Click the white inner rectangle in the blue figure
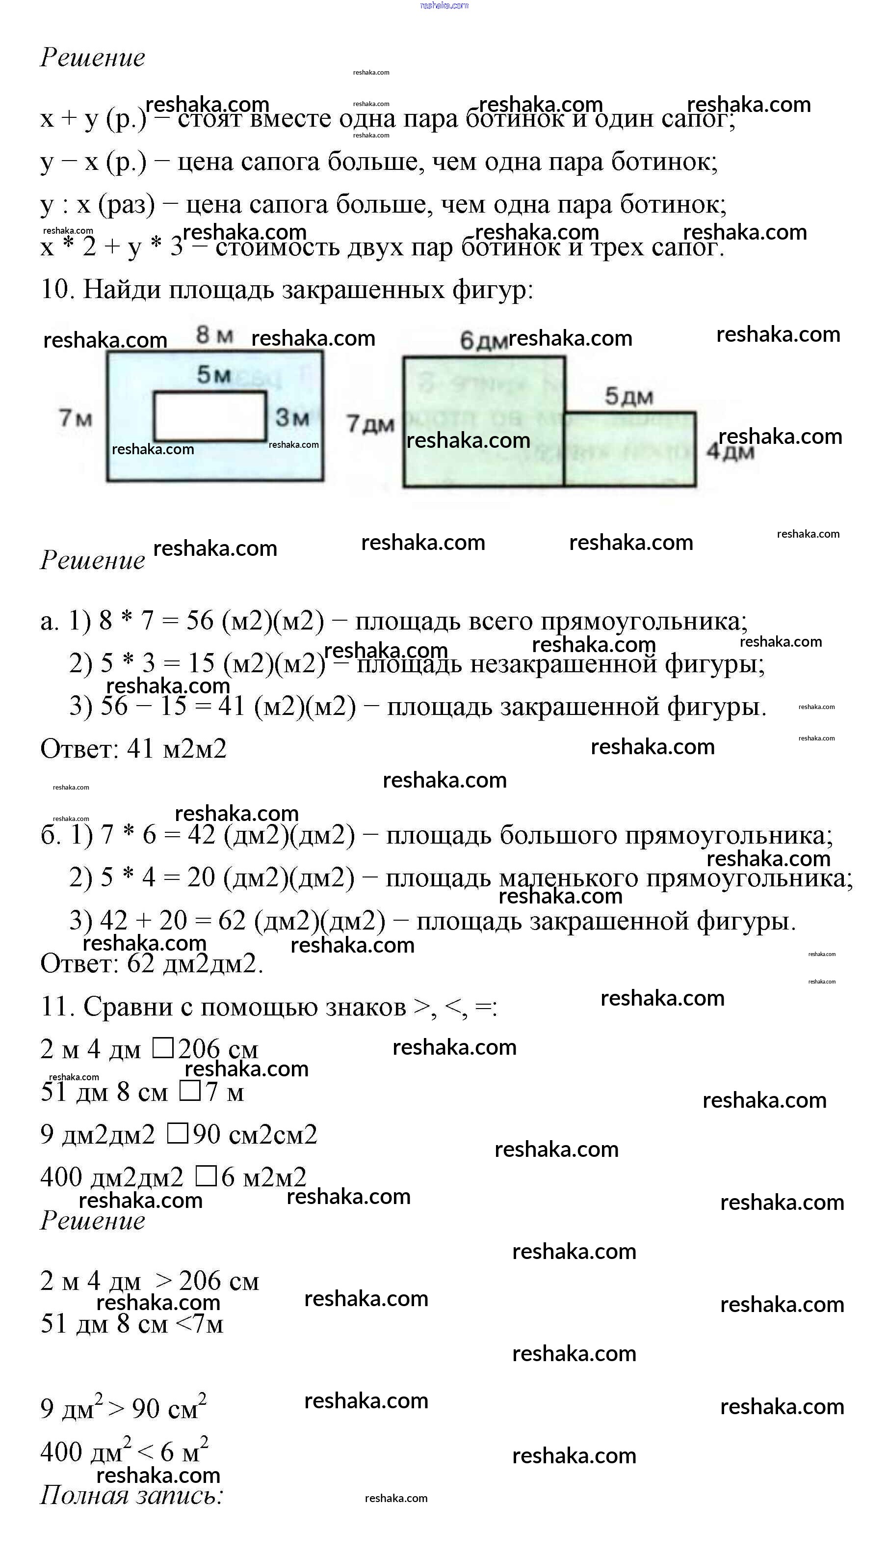click(x=210, y=415)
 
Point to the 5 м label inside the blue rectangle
click(x=213, y=374)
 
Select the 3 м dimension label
click(x=292, y=417)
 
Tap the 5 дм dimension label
click(x=629, y=397)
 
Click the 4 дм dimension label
click(x=730, y=452)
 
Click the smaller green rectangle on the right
click(x=629, y=449)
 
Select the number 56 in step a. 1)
click(x=200, y=621)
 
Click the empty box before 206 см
click(x=163, y=1048)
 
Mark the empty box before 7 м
click(x=190, y=1091)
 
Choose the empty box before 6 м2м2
click(x=206, y=1176)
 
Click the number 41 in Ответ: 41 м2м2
click(x=140, y=748)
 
